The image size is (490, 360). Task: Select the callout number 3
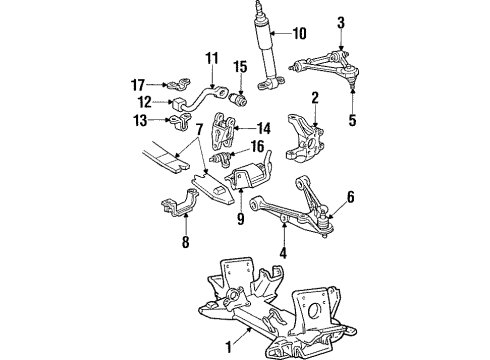(x=340, y=22)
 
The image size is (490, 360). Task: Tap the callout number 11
(x=211, y=59)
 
